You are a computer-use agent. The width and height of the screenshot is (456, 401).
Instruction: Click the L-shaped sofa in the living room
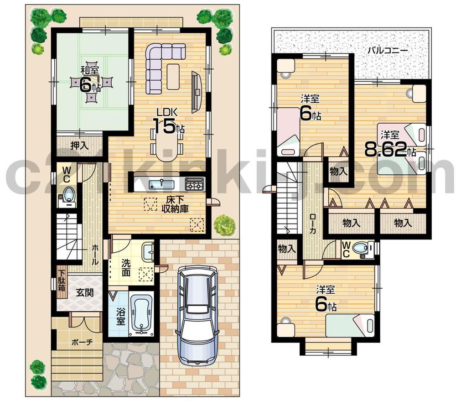[160, 63]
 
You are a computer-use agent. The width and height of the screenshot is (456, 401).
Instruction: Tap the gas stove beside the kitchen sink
[195, 184]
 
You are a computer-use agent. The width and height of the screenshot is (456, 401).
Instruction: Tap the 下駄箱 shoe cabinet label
[62, 281]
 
